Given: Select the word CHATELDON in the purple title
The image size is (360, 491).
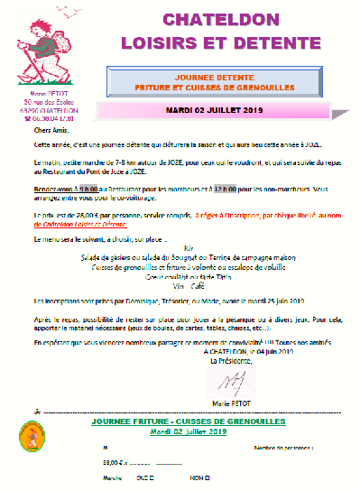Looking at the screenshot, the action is tap(213, 20).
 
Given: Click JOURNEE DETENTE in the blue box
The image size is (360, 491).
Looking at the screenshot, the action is tap(214, 78).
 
